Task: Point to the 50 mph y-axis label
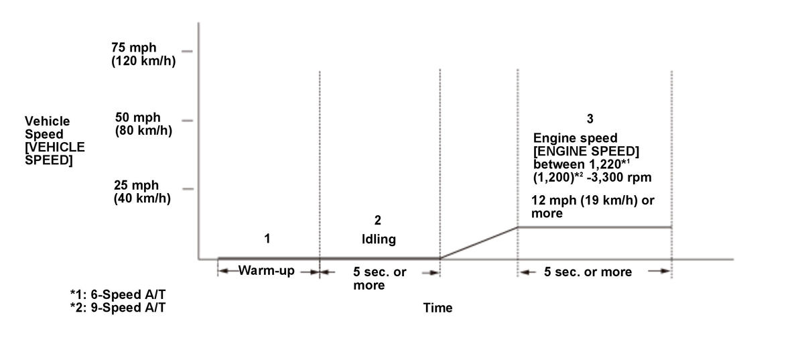pos(143,123)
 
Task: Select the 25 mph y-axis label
pos(143,192)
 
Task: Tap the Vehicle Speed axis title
pos(54,141)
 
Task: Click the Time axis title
pos(438,308)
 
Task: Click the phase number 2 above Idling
pos(378,221)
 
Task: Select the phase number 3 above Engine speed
pos(590,119)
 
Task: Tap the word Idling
pos(379,239)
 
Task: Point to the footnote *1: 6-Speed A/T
pos(117,296)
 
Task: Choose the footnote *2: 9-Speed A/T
pos(117,308)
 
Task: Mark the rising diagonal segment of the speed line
pos(478,242)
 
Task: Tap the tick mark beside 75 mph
pos(186,51)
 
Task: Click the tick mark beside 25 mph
pos(187,189)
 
